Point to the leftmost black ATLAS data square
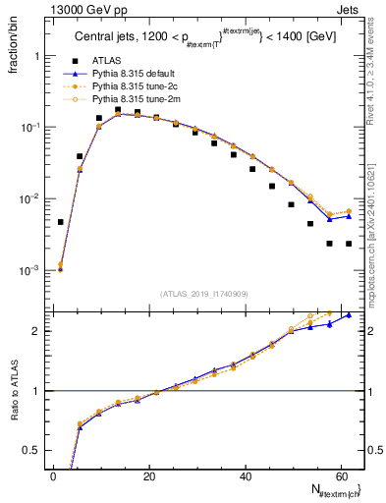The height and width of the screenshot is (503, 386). point(61,222)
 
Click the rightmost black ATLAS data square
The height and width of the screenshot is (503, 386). point(349,244)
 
